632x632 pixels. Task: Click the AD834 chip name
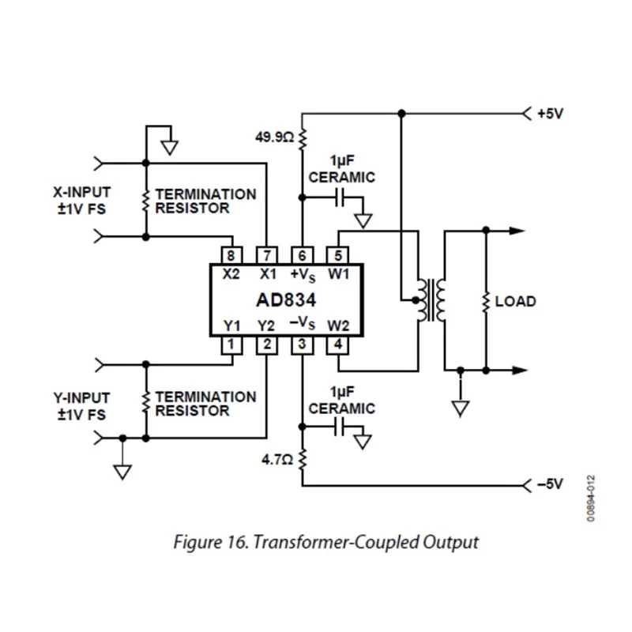point(286,300)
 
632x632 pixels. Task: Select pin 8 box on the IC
point(231,255)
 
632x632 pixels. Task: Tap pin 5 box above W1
point(337,255)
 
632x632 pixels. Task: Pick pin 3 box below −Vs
point(302,345)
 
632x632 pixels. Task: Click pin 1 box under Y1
point(231,345)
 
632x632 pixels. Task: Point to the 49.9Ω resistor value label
point(274,137)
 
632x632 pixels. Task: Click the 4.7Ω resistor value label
point(277,460)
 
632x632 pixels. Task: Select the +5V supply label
point(550,114)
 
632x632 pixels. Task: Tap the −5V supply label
point(550,484)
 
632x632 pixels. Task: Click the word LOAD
point(516,302)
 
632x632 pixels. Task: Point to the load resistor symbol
point(486,302)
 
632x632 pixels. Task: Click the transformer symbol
point(431,301)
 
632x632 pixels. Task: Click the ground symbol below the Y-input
point(122,472)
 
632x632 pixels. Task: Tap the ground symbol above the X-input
point(170,148)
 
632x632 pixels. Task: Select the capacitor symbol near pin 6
point(340,198)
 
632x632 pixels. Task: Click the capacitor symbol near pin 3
point(340,427)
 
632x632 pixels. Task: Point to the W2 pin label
point(338,325)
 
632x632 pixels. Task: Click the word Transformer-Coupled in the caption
point(336,542)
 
